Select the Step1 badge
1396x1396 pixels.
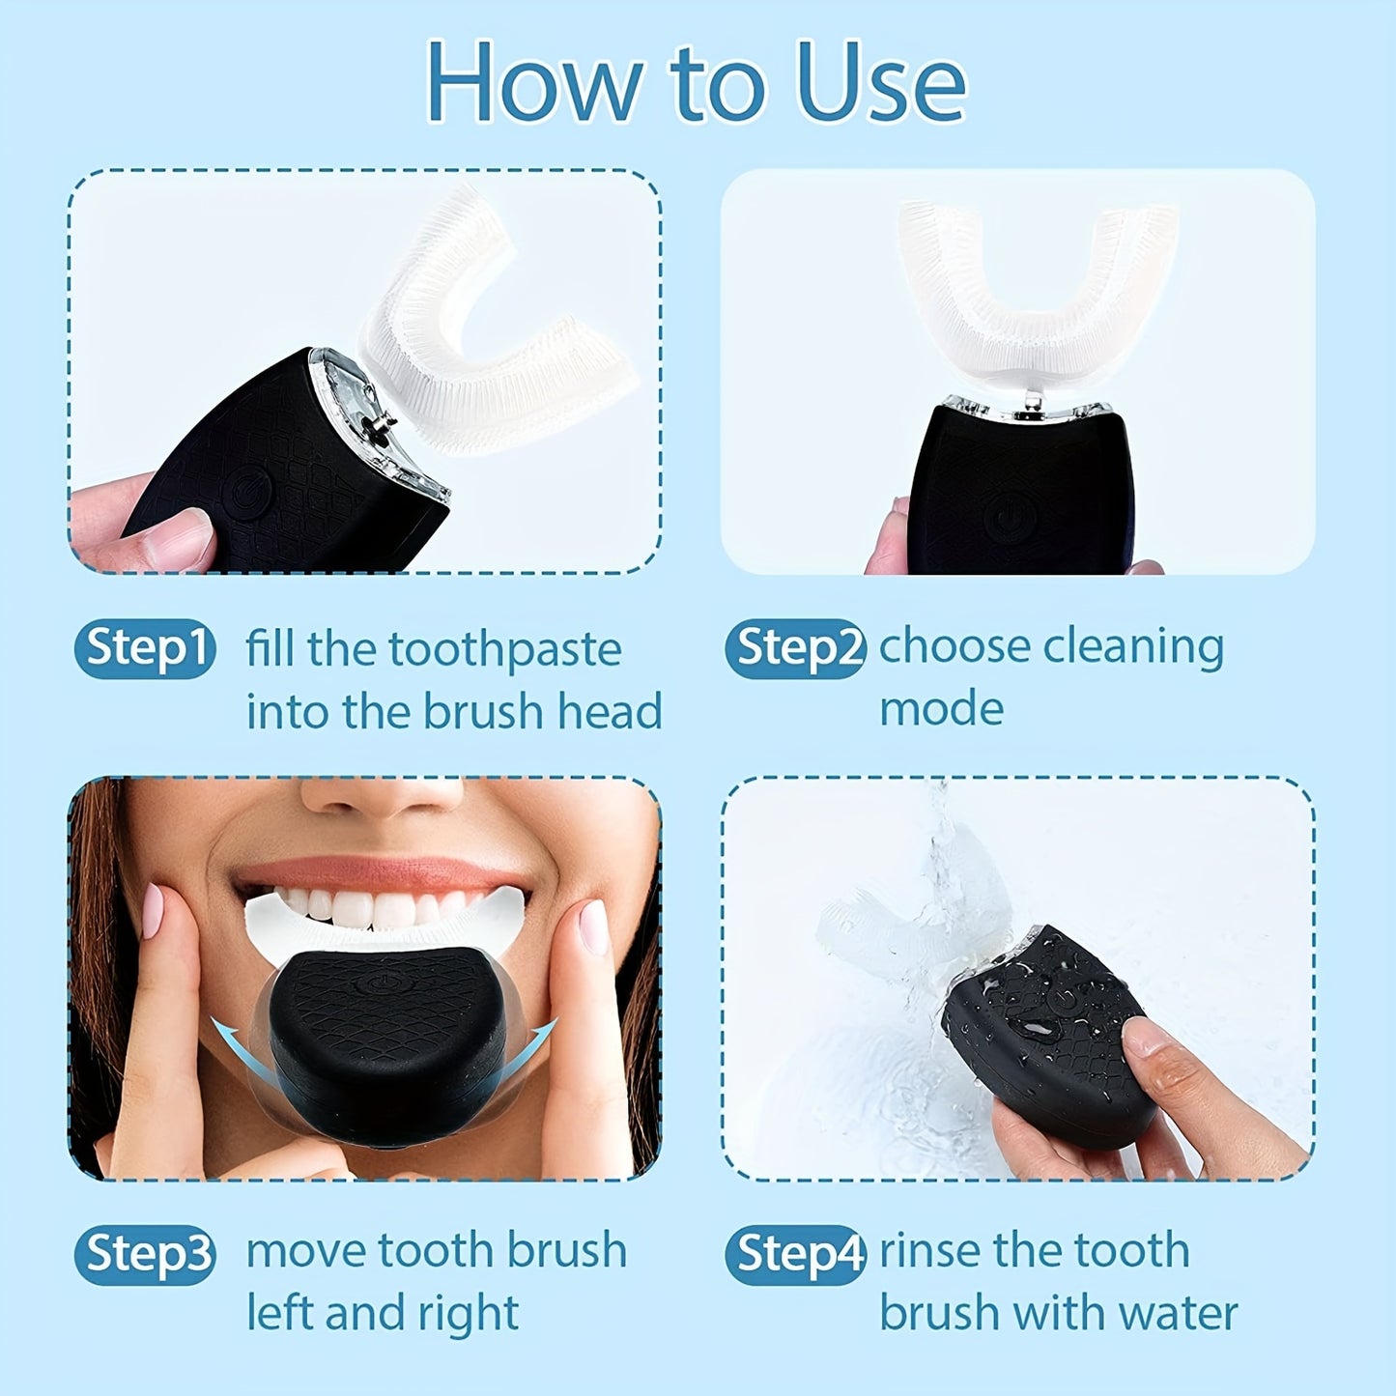pyautogui.click(x=145, y=648)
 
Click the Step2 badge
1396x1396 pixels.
pyautogui.click(x=795, y=648)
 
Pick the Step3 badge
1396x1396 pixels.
pyautogui.click(x=145, y=1255)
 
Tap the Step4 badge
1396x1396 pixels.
pyautogui.click(x=795, y=1255)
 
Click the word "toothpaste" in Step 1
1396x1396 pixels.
pyautogui.click(x=504, y=650)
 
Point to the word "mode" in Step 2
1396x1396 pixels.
pyautogui.click(x=941, y=709)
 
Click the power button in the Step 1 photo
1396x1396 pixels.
pyautogui.click(x=242, y=496)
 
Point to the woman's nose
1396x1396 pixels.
pyautogui.click(x=382, y=797)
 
